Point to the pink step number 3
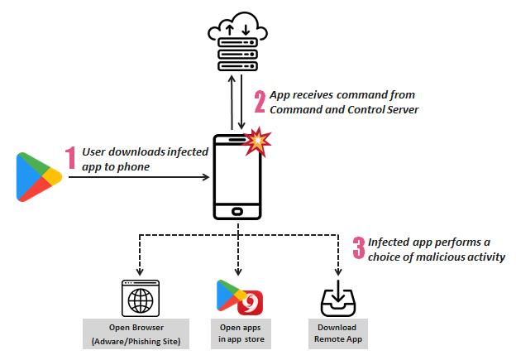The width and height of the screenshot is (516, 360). coord(358,247)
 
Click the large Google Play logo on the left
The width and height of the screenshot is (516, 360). coord(38,176)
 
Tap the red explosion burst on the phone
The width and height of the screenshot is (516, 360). coord(259,143)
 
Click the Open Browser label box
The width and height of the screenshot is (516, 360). coord(137,333)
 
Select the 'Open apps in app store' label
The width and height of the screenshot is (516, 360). coord(238,333)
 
